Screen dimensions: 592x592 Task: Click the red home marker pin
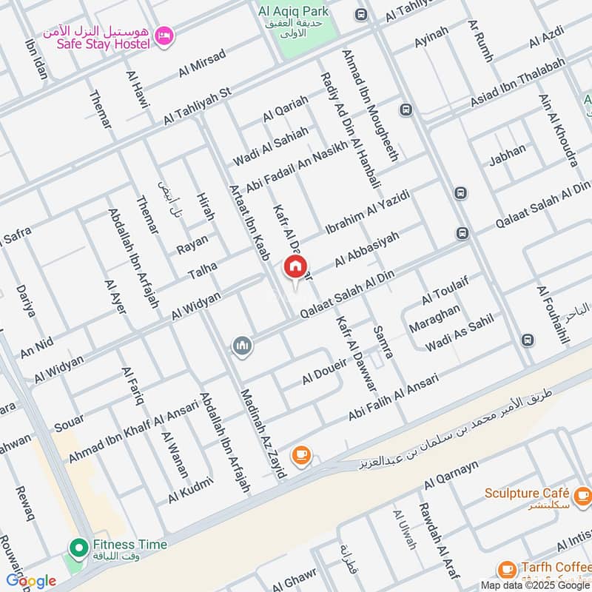tap(295, 266)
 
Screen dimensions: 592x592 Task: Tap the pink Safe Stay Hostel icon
tap(164, 34)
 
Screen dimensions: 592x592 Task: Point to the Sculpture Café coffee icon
tap(582, 494)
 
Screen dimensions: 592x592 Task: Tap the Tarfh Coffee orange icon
tap(507, 569)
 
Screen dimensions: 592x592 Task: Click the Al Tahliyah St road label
tap(198, 107)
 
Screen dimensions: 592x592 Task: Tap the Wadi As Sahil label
tap(459, 332)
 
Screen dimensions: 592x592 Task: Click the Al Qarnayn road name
tap(451, 475)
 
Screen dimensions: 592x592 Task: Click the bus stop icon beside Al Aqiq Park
tap(360, 15)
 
